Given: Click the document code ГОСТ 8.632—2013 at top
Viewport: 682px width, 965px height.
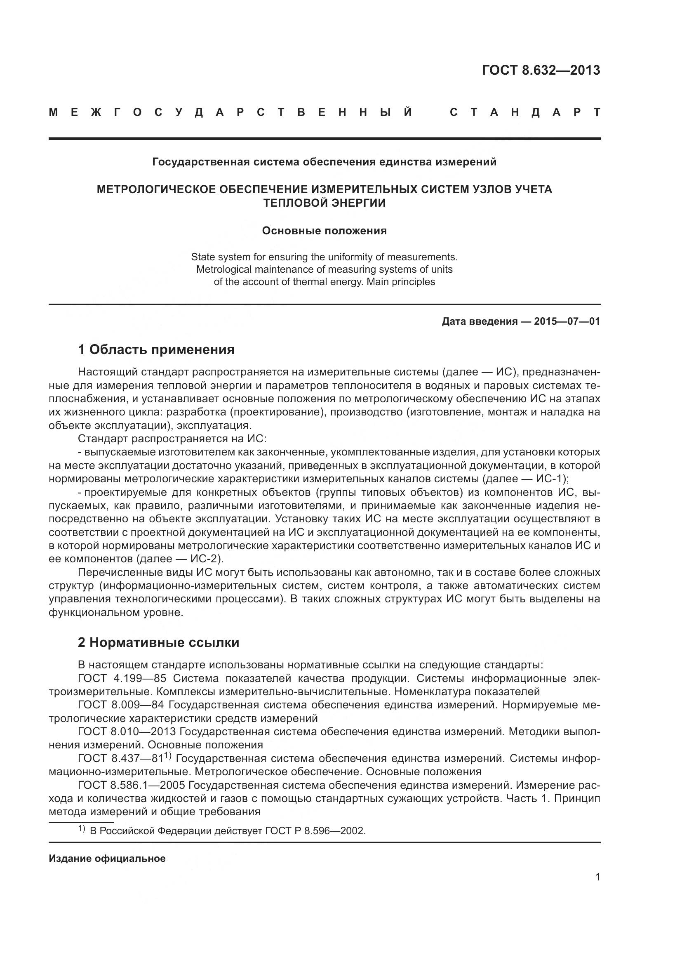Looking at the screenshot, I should [x=541, y=70].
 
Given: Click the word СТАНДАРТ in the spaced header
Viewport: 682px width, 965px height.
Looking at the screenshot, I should [x=525, y=113].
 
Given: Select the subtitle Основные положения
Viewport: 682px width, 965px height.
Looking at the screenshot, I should [x=324, y=231].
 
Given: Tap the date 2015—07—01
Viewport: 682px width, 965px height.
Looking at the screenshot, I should [x=567, y=321].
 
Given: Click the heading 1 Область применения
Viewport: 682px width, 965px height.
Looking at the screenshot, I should [x=156, y=349].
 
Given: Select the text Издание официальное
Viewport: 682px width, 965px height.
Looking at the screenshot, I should [x=107, y=858].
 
